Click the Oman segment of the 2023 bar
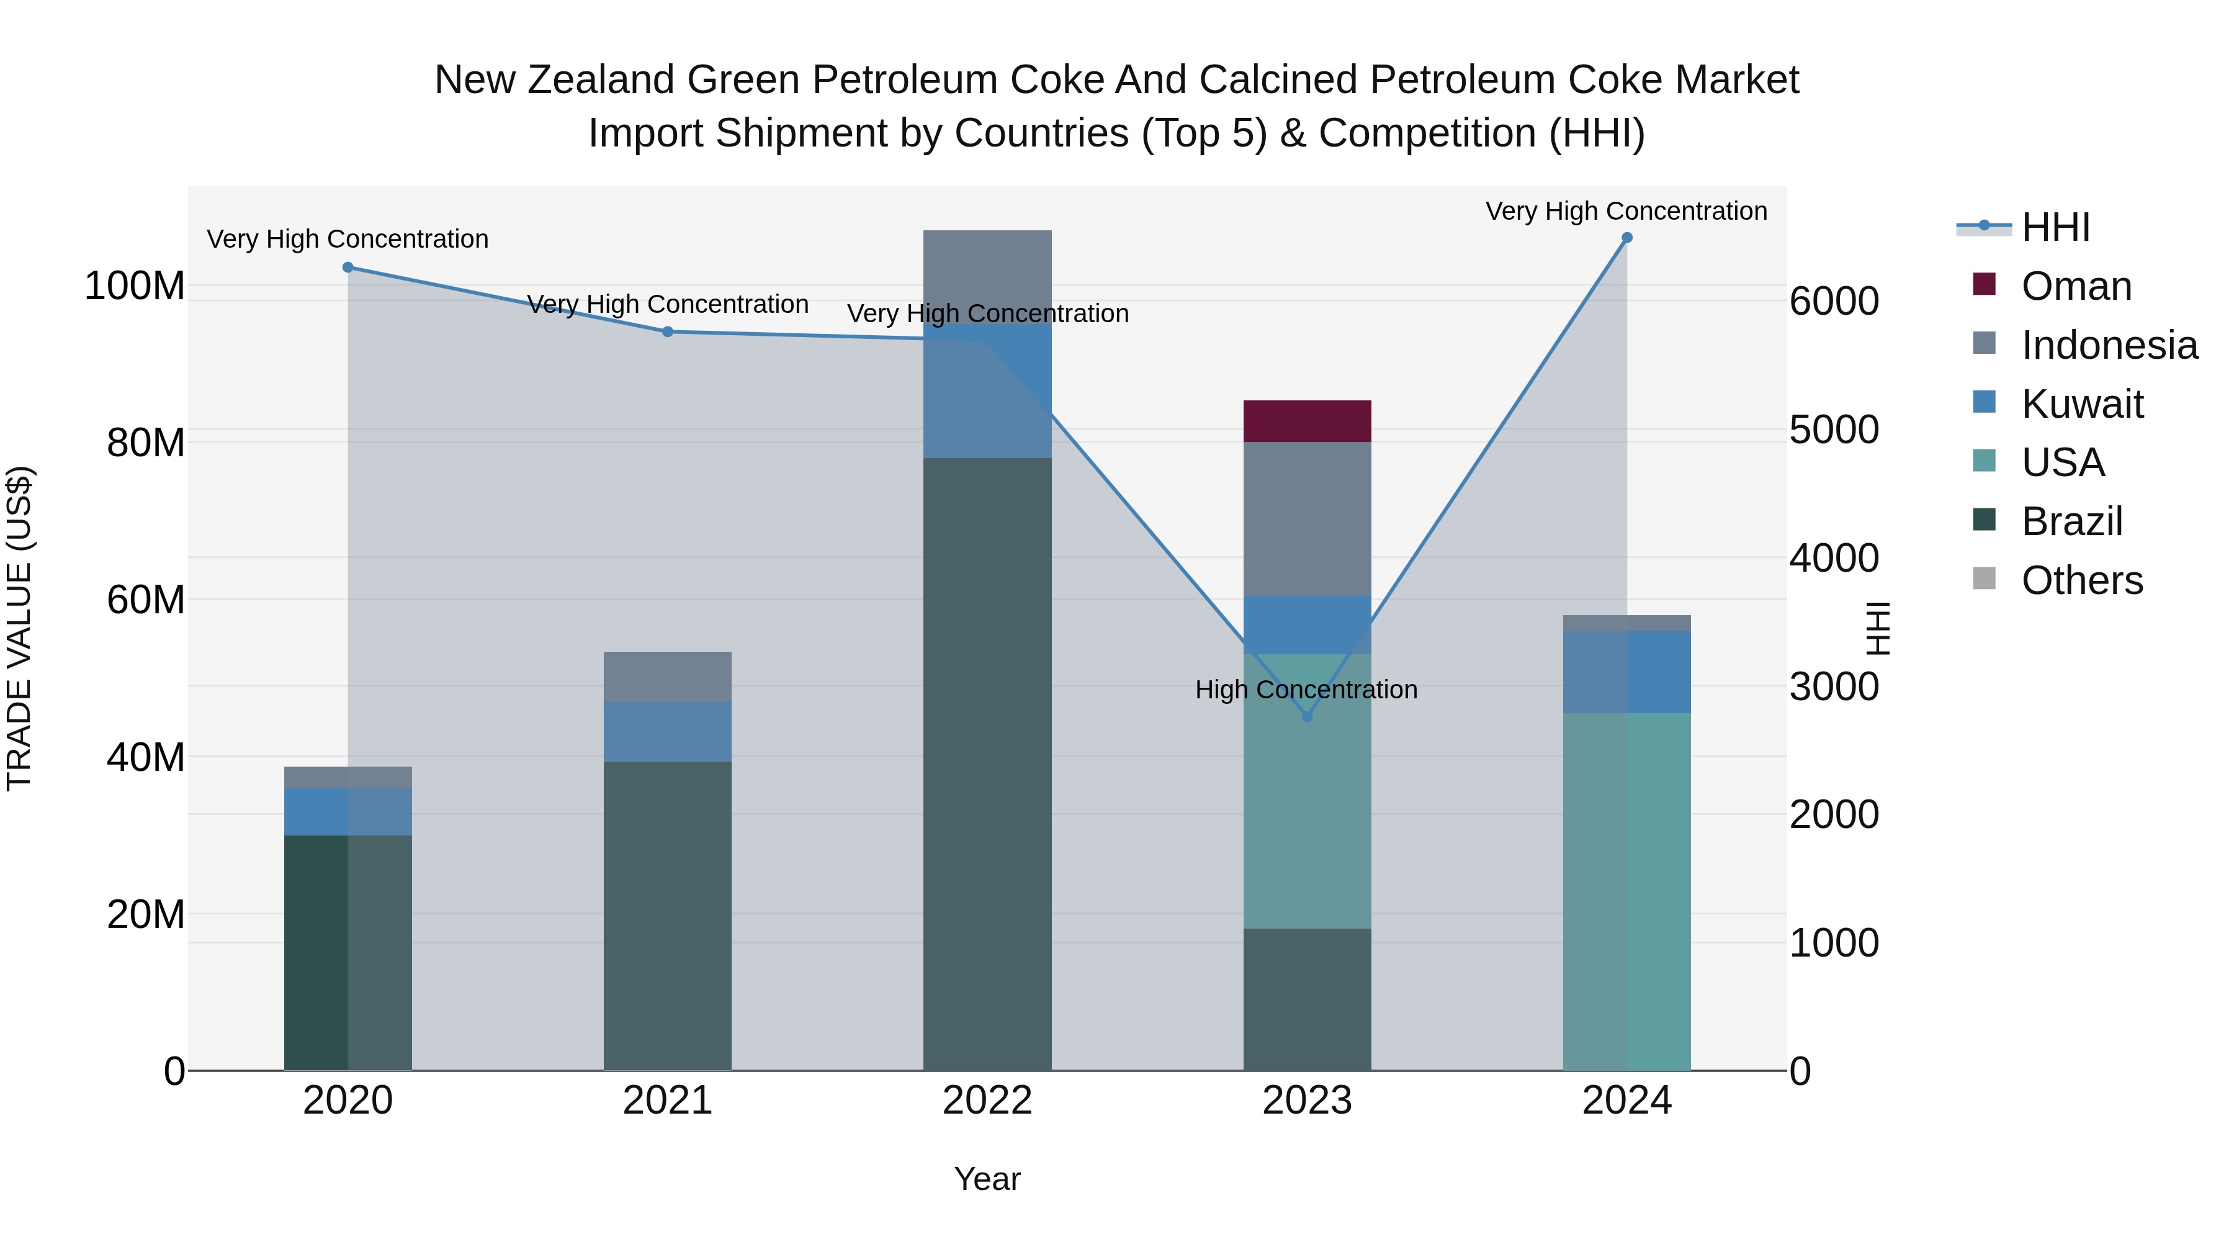point(1307,421)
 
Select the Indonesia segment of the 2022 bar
point(987,277)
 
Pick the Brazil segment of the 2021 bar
point(667,916)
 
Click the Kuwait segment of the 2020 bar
point(348,812)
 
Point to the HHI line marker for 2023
point(1308,716)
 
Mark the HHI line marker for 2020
point(348,267)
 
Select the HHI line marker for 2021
point(668,331)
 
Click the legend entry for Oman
point(2075,286)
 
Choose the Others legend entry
point(2081,580)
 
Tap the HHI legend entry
point(2055,227)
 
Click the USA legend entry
point(2062,462)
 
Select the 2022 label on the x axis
point(987,1101)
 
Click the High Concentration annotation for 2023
point(1306,690)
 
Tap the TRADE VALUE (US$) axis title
point(20,628)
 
